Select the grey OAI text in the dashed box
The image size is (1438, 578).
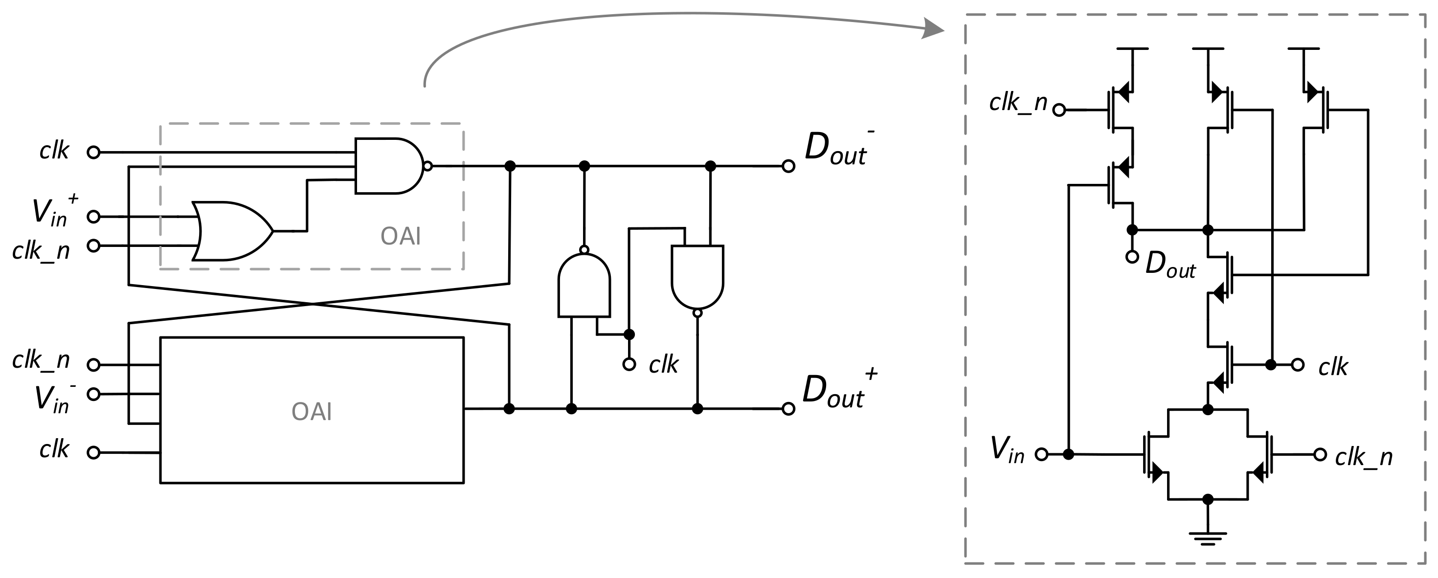pyautogui.click(x=400, y=237)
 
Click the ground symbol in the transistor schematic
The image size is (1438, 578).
pyautogui.click(x=1208, y=538)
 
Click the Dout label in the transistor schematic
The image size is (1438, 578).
pyautogui.click(x=1170, y=265)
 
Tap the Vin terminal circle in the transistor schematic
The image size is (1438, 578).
pyautogui.click(x=1041, y=454)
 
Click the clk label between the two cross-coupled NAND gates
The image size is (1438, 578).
pyautogui.click(x=663, y=365)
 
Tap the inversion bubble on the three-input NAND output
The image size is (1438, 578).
pyautogui.click(x=427, y=166)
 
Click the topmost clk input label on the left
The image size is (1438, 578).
pyautogui.click(x=54, y=151)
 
